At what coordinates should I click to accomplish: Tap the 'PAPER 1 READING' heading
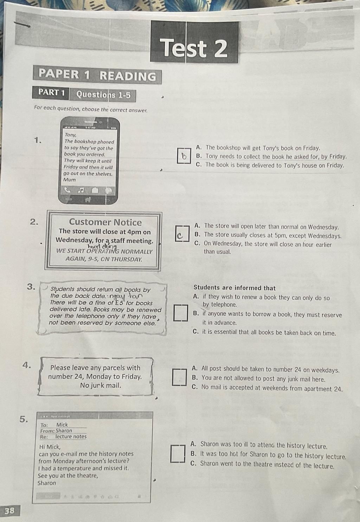[97, 75]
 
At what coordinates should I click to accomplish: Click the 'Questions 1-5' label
[103, 95]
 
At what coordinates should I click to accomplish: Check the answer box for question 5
[178, 454]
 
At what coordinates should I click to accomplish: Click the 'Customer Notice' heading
[105, 222]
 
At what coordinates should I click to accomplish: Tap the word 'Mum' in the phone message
[69, 180]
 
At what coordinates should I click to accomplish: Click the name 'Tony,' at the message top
[70, 135]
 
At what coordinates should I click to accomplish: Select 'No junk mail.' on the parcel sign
[101, 385]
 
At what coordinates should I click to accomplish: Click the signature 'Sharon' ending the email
[47, 483]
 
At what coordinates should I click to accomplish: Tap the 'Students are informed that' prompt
[234, 288]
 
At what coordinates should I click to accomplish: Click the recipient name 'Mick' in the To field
[62, 425]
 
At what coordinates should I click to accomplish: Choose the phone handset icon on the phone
[67, 190]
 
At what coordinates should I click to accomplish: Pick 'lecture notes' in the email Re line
[71, 437]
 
